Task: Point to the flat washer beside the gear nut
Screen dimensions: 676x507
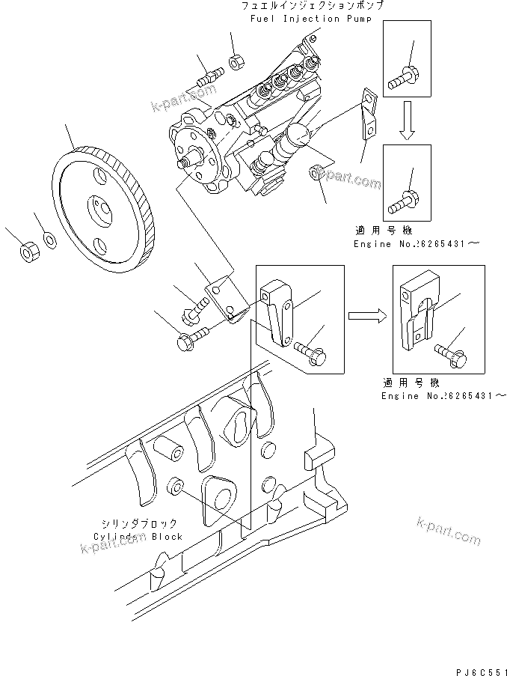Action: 49,240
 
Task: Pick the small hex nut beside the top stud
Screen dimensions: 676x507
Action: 233,61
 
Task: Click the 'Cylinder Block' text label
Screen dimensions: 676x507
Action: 138,537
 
